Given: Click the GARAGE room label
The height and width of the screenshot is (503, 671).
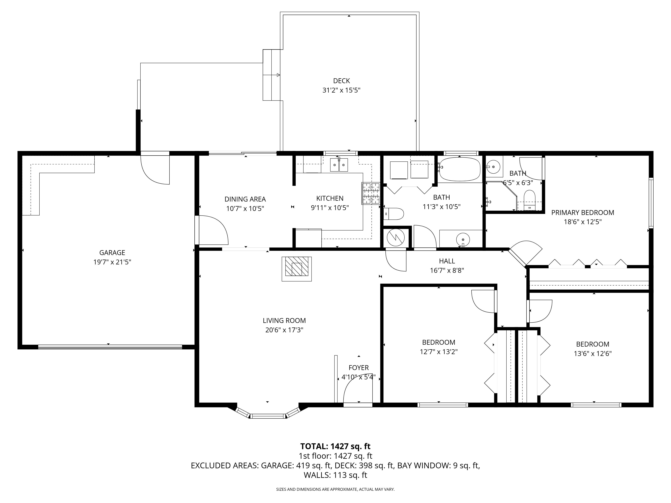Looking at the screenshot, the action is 112,253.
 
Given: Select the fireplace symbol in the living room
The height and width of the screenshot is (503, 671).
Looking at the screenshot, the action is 297,269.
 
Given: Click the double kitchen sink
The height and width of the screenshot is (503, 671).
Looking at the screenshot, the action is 339,165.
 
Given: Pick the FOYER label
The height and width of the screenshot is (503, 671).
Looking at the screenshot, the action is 358,368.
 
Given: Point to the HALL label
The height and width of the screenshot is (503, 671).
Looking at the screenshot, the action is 447,261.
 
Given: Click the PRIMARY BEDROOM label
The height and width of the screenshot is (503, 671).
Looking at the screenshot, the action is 583,213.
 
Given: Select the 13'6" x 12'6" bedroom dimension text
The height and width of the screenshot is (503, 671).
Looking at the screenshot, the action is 592,353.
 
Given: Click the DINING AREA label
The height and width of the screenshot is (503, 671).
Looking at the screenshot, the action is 245,199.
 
